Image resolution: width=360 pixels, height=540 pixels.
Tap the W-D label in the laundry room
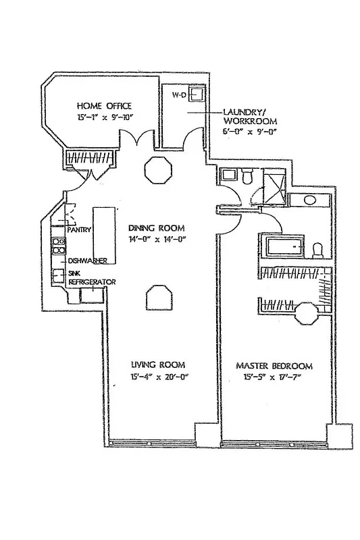tap(179, 95)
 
